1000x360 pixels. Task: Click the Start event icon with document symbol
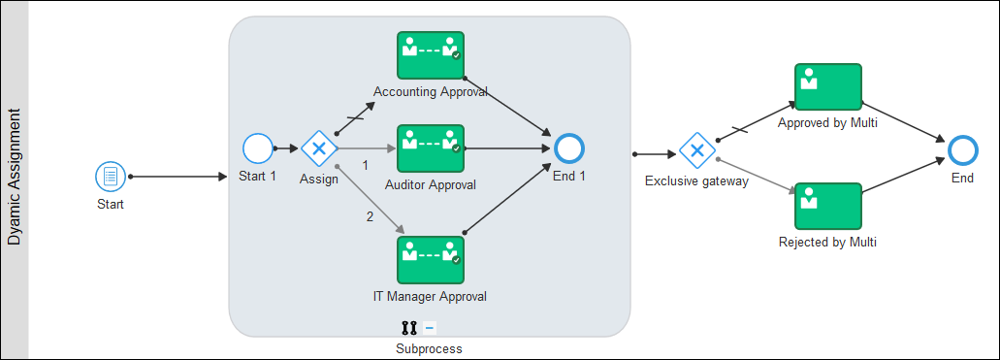(x=110, y=177)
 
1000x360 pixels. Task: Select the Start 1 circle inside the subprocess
(x=258, y=148)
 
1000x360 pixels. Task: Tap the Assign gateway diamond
(x=318, y=148)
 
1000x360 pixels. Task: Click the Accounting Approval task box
(x=431, y=55)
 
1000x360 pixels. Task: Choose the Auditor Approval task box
(x=431, y=148)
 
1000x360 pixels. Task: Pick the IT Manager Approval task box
(x=431, y=259)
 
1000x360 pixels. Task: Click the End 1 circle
(x=568, y=148)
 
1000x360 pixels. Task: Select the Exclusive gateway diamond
(x=696, y=150)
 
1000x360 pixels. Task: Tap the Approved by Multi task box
(x=828, y=87)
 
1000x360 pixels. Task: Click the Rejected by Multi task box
(x=828, y=207)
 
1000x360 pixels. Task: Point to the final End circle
(x=962, y=149)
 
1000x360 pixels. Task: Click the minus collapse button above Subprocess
(x=430, y=328)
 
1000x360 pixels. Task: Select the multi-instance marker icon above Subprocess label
(x=408, y=328)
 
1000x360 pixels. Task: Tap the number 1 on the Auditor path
(x=366, y=165)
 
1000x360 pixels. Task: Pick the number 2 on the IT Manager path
(x=370, y=216)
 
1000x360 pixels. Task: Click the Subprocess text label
(x=429, y=348)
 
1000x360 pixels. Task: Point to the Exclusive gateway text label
(x=696, y=181)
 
